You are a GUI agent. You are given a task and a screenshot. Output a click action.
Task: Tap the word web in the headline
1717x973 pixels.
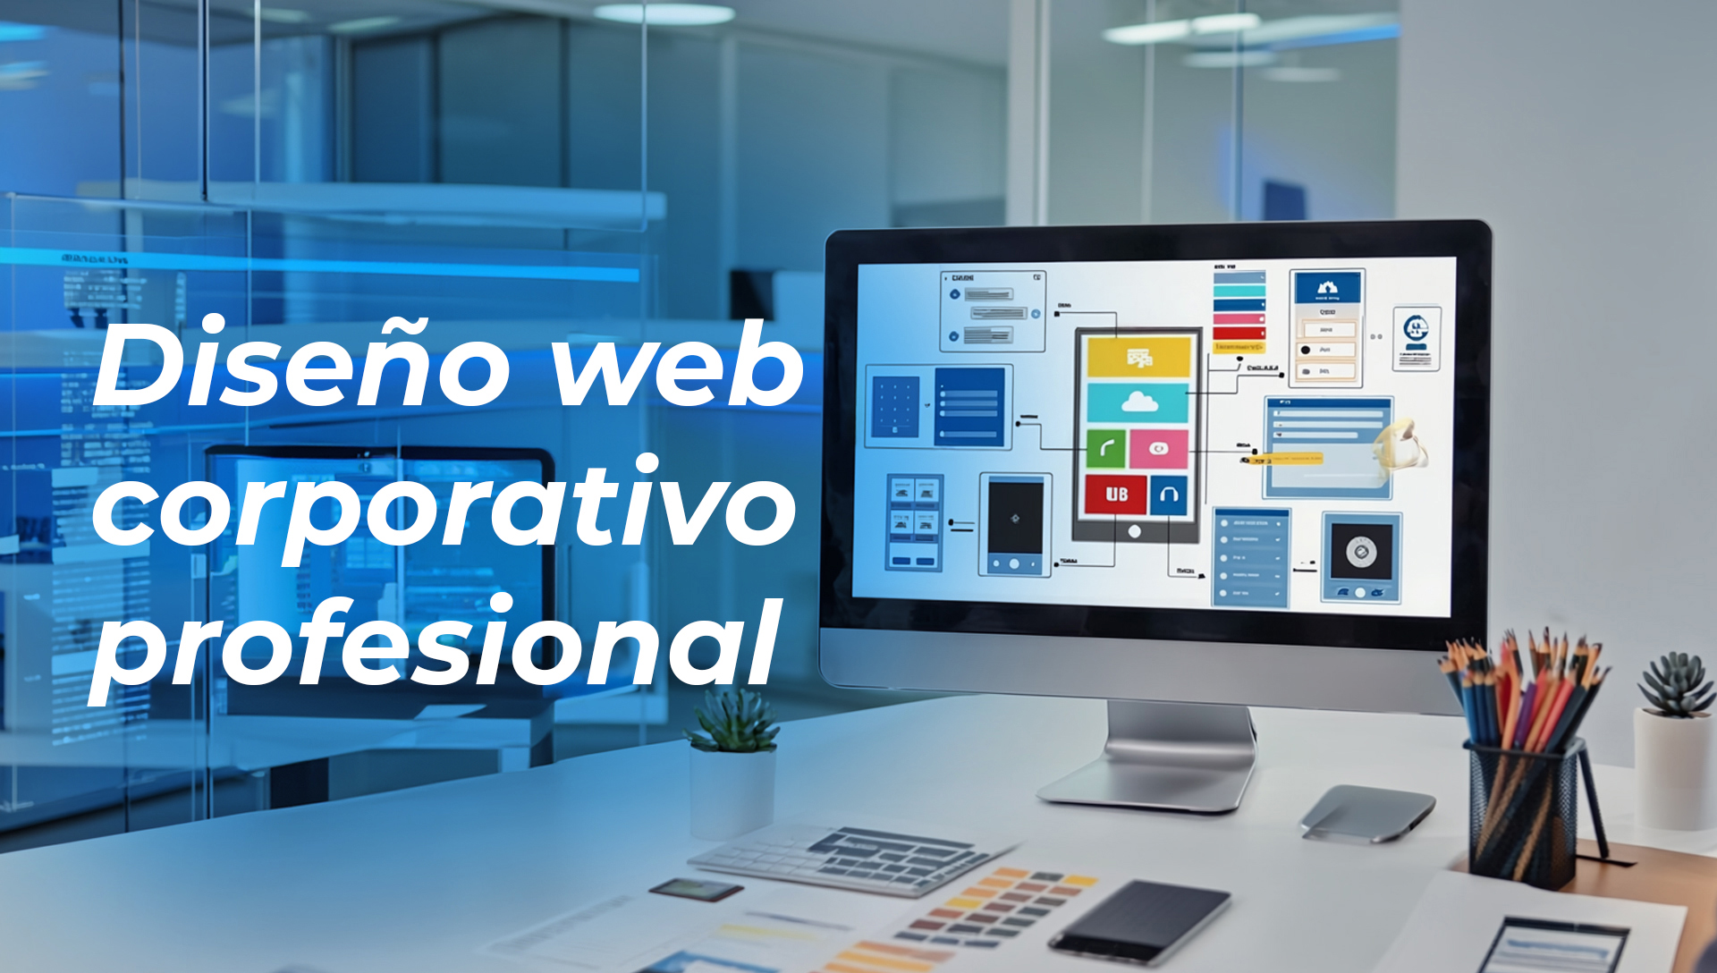point(677,365)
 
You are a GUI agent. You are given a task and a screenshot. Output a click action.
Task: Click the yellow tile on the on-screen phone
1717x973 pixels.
point(1138,357)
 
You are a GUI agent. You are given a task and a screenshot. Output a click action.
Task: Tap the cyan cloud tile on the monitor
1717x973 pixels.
point(1138,403)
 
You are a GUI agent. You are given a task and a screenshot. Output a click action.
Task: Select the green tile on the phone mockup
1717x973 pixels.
point(1106,448)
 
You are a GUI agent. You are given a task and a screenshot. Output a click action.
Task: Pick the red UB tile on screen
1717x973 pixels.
point(1115,494)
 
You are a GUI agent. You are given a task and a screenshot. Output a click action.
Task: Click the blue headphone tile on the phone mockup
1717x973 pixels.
point(1169,495)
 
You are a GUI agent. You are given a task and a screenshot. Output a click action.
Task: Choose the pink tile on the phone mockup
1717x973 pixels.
point(1159,448)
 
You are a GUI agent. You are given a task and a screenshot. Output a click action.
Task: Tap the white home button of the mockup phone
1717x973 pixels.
point(1135,532)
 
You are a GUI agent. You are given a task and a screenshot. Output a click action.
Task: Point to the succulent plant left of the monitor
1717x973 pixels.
point(734,721)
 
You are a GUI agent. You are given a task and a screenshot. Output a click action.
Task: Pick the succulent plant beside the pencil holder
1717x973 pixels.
point(1676,684)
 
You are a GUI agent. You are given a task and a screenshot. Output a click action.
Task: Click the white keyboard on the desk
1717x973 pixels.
point(850,859)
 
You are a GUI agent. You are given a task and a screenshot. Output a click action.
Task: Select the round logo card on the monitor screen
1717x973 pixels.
point(1417,338)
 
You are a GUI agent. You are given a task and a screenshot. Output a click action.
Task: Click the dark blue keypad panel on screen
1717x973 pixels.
point(895,407)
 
